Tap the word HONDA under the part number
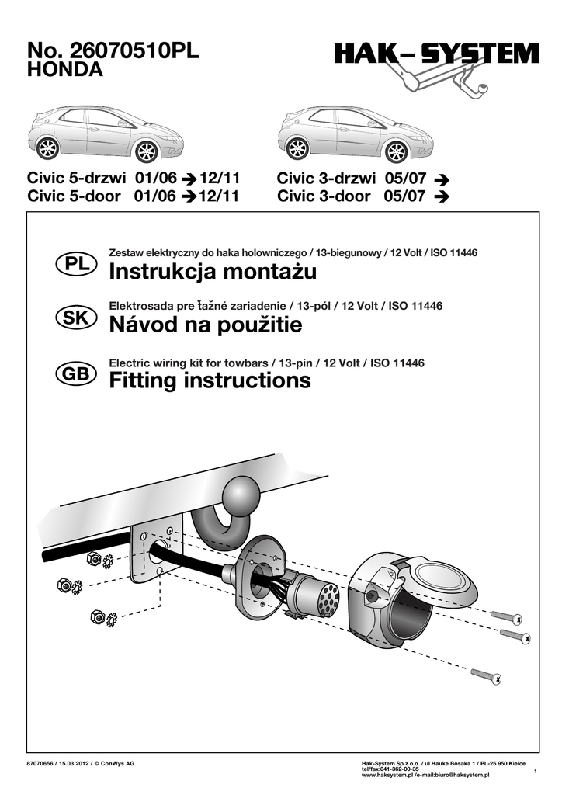point(65,71)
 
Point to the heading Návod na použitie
point(206,326)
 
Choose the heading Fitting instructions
point(210,380)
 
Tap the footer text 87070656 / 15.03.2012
point(59,764)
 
